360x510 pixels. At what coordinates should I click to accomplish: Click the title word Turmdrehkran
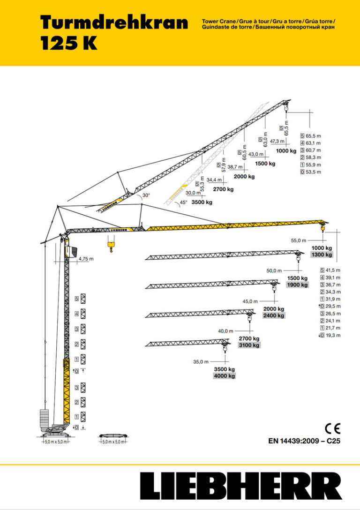[x=114, y=22]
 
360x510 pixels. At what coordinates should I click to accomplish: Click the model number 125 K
[x=68, y=43]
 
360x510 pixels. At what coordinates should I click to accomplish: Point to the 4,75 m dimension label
[x=86, y=259]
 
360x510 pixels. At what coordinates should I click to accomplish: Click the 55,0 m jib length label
[x=298, y=240]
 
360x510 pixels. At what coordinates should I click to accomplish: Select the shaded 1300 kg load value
[x=322, y=255]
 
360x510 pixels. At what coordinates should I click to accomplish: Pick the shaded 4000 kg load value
[x=225, y=376]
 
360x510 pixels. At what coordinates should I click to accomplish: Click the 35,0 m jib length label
[x=201, y=362]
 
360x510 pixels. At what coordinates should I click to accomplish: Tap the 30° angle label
[x=146, y=195]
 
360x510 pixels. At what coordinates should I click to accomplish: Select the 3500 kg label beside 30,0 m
[x=202, y=202]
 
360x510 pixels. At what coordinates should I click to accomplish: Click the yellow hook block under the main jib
[x=111, y=244]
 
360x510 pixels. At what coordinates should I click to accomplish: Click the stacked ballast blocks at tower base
[x=45, y=417]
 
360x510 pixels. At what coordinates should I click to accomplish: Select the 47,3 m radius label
[x=277, y=141]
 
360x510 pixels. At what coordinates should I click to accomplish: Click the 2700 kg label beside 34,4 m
[x=223, y=189]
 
